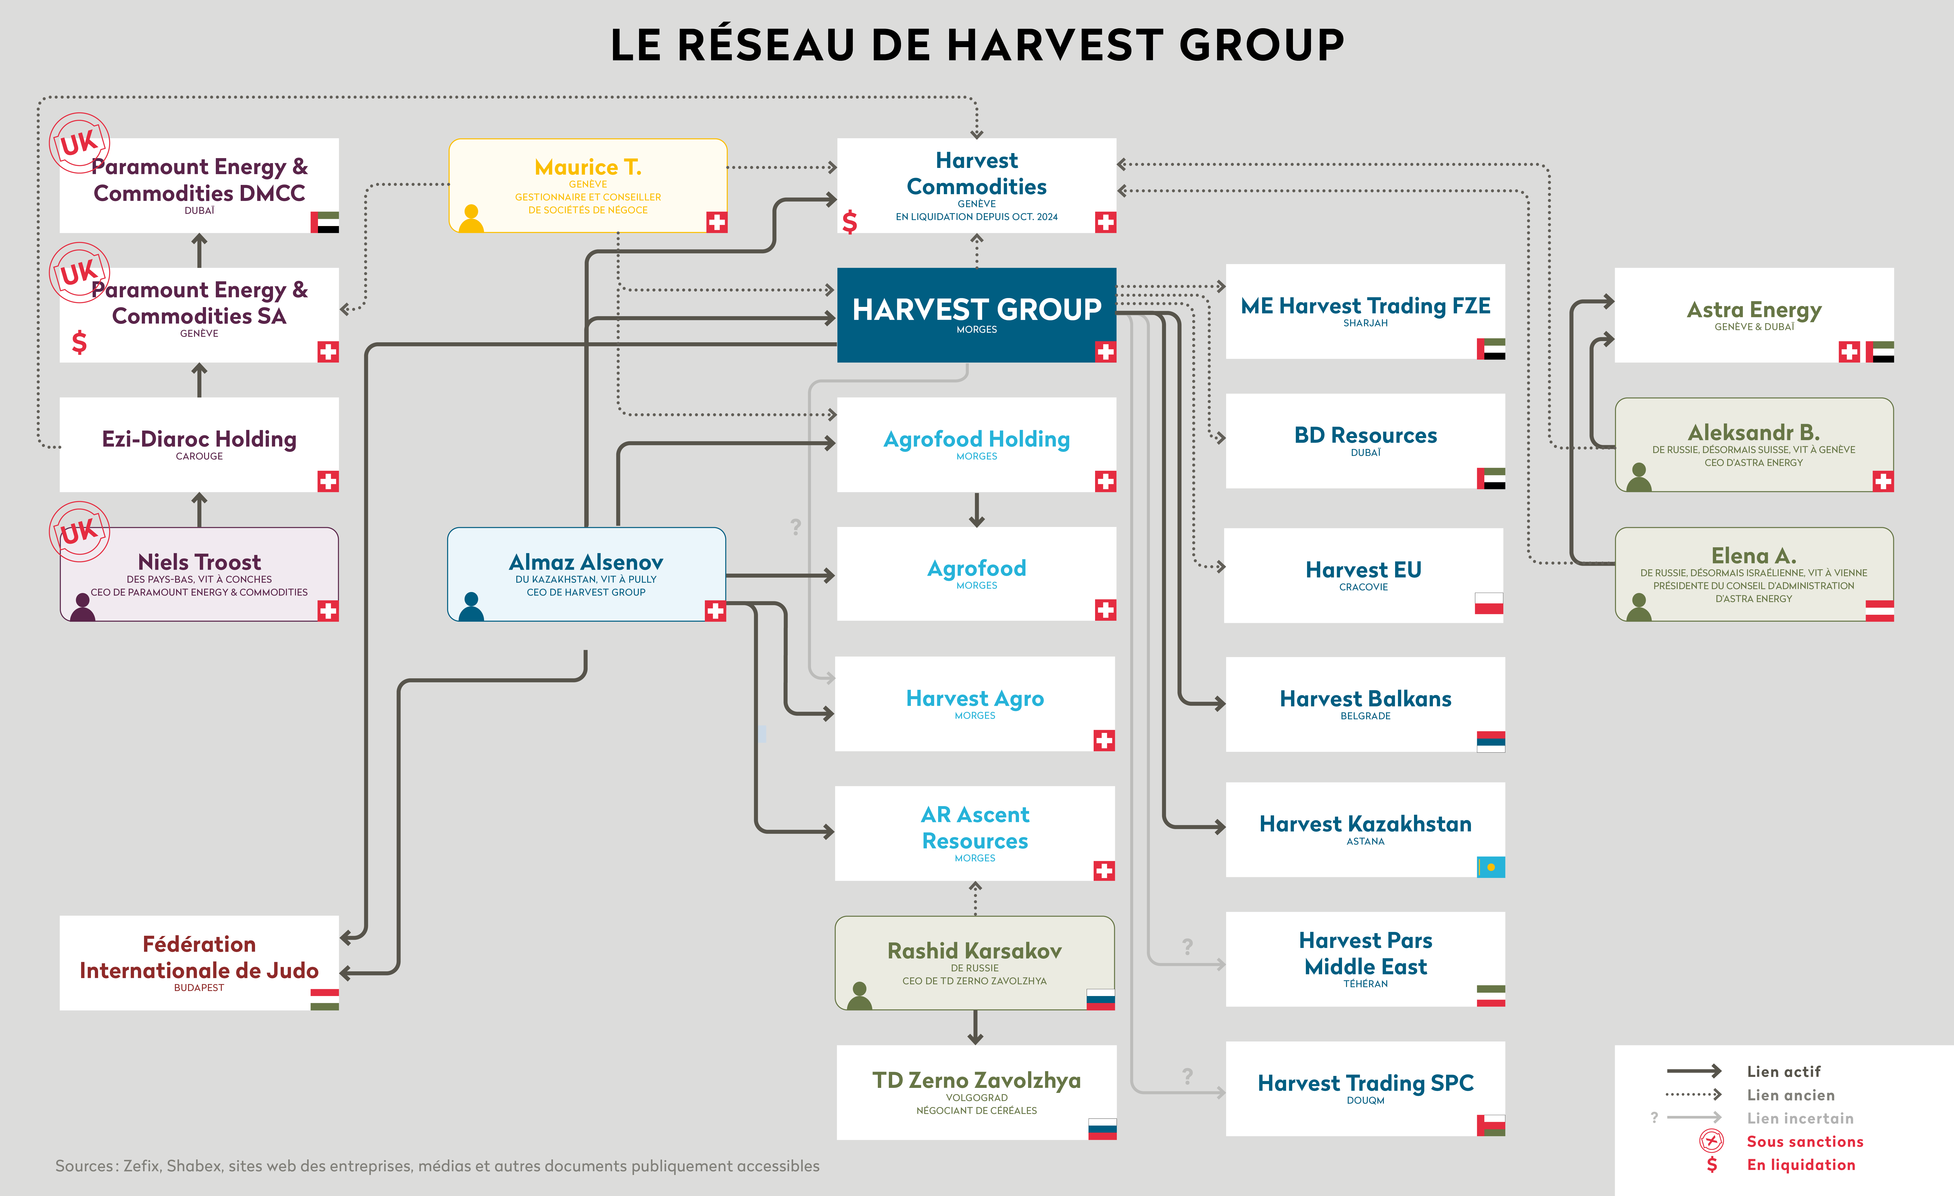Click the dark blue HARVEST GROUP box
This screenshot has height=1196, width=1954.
pos(976,315)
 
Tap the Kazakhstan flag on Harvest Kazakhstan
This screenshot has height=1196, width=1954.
pos(1491,867)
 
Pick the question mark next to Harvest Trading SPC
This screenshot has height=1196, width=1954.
pos(1187,1075)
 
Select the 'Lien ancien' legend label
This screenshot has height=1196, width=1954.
pos(1791,1095)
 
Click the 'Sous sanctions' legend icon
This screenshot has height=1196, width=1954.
pos(1711,1141)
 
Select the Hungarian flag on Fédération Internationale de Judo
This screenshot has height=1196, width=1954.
pos(324,999)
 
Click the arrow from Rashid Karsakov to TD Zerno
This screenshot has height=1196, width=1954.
pos(975,1028)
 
